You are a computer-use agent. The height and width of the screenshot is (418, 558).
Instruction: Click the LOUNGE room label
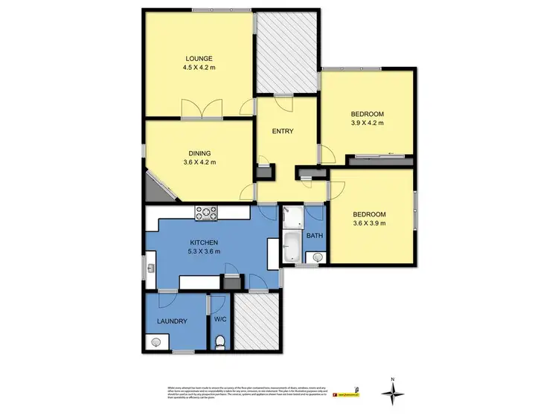pyautogui.click(x=200, y=58)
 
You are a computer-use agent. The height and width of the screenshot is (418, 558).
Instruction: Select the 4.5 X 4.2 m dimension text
pyautogui.click(x=200, y=68)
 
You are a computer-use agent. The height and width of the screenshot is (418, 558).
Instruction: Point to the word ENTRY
pyautogui.click(x=283, y=132)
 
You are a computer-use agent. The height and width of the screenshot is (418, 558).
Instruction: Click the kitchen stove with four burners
pyautogui.click(x=206, y=213)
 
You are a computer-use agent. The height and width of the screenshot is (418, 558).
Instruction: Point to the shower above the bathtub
pyautogui.click(x=292, y=217)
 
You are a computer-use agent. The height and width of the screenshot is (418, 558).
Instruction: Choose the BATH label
pyautogui.click(x=315, y=237)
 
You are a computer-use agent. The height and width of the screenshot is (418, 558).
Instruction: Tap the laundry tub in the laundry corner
pyautogui.click(x=156, y=341)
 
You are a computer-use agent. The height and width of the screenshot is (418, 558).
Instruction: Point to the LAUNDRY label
pyautogui.click(x=171, y=321)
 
